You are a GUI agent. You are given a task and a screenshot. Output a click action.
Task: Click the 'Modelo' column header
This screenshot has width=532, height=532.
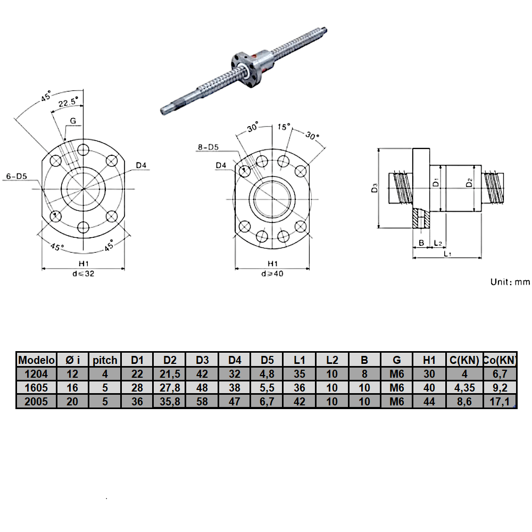click(36, 360)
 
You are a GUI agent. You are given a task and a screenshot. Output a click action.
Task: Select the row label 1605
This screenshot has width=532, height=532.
click(36, 388)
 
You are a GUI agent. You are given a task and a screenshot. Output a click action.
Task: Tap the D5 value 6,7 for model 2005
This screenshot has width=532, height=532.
click(267, 402)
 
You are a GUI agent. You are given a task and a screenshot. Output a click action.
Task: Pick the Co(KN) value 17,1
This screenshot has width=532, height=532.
click(500, 402)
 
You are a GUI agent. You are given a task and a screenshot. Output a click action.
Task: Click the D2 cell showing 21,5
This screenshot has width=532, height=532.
click(170, 374)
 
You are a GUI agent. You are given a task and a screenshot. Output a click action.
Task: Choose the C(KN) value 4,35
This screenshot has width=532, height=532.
click(464, 388)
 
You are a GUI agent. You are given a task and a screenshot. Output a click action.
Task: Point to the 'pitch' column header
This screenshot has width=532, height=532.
click(105, 360)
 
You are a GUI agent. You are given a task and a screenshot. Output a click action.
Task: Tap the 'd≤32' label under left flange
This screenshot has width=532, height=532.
click(84, 274)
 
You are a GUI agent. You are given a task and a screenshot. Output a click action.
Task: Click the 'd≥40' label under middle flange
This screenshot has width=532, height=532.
click(272, 274)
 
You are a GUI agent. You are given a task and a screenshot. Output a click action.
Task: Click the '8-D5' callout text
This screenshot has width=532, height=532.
click(207, 147)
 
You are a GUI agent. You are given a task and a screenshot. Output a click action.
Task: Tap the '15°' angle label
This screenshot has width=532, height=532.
click(285, 127)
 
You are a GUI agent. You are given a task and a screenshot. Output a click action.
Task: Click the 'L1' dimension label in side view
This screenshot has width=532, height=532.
click(447, 254)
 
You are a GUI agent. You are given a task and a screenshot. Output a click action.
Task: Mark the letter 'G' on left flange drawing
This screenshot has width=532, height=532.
click(73, 121)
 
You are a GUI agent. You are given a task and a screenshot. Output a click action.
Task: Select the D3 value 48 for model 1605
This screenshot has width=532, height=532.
click(202, 388)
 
